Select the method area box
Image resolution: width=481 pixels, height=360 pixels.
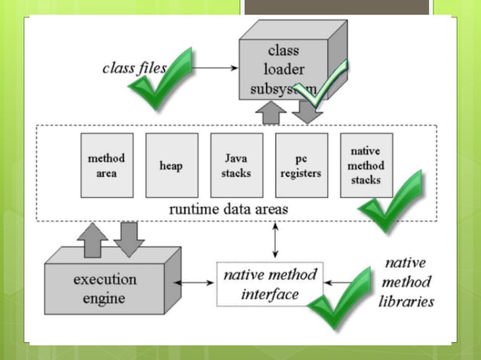coord(107,165)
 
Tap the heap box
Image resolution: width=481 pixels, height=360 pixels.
coord(171,165)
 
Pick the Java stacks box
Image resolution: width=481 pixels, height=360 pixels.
coord(236,165)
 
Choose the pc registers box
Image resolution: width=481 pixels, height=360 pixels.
coord(301,165)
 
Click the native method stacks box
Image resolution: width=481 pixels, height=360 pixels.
coord(366,165)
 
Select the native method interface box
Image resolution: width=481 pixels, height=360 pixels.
coord(270,283)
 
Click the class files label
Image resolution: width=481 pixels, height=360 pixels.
coord(134,68)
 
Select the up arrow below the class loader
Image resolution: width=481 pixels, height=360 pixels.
coord(268,113)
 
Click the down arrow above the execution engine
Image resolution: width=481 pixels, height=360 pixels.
coord(130,239)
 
